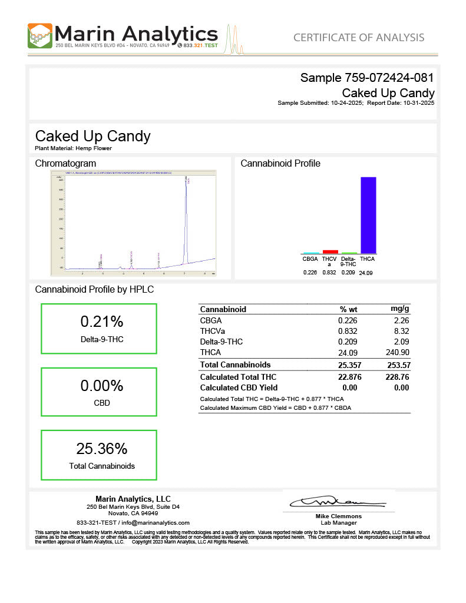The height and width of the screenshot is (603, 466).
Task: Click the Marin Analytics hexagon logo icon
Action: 40,36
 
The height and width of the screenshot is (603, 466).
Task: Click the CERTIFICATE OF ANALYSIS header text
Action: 359,38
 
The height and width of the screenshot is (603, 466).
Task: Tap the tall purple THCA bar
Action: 368,214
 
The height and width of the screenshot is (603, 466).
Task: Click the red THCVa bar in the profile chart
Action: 331,251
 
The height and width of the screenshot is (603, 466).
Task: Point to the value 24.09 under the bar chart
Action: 366,273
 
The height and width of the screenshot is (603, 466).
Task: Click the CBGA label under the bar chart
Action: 310,259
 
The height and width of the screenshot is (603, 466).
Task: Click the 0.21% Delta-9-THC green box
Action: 98,329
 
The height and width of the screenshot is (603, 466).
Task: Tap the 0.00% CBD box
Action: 98,393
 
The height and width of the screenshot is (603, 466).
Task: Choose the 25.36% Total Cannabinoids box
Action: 98,455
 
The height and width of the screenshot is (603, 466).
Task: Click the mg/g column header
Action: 400,309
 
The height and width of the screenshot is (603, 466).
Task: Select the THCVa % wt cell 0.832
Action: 348,331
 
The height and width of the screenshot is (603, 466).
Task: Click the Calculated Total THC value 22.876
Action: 348,377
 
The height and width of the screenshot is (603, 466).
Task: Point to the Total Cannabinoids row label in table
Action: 235,365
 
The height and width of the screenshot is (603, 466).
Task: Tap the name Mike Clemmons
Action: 338,516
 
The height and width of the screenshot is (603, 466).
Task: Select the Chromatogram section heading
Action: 65,163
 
